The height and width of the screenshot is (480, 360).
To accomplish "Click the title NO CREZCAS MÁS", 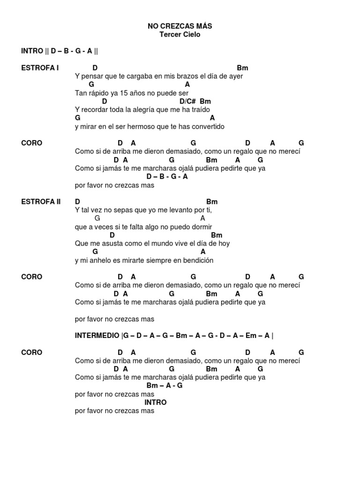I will pos(180,26).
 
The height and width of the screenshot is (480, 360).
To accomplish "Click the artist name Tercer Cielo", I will pos(180,35).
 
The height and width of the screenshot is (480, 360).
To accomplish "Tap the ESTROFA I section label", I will pos(40,68).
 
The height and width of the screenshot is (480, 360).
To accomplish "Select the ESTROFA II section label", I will pos(41,202).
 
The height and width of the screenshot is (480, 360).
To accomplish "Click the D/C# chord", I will pos(187,101).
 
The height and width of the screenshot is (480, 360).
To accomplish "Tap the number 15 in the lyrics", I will pos(124,93).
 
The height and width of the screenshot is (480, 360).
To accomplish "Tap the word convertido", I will pos(207,127).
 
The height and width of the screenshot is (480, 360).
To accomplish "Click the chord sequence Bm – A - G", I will pos(164,386).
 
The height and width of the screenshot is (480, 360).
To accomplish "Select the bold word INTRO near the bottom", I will pos(155,402).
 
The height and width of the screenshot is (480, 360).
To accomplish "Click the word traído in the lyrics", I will pos(200,110).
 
